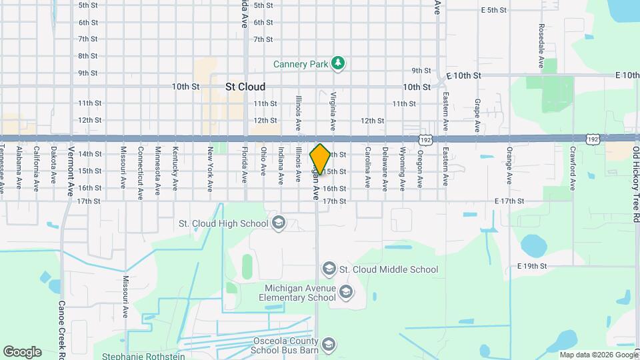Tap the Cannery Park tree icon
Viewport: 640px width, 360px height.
[x=339, y=63]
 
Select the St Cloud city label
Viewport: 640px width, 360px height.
[x=245, y=87]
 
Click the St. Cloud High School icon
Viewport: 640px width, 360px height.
[x=279, y=223]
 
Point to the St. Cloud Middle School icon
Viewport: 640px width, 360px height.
[x=328, y=269]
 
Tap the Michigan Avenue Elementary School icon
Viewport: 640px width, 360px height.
[x=345, y=291]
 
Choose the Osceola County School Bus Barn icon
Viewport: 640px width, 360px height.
[x=328, y=344]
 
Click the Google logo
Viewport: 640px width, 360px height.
[x=22, y=352]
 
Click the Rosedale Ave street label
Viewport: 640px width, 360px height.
[x=541, y=47]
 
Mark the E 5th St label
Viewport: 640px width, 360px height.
[x=494, y=10]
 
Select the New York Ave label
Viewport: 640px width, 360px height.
[x=210, y=169]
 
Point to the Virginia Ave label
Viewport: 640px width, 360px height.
[x=331, y=111]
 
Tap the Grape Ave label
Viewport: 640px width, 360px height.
[x=477, y=115]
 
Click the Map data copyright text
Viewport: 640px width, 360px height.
[x=598, y=355]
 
